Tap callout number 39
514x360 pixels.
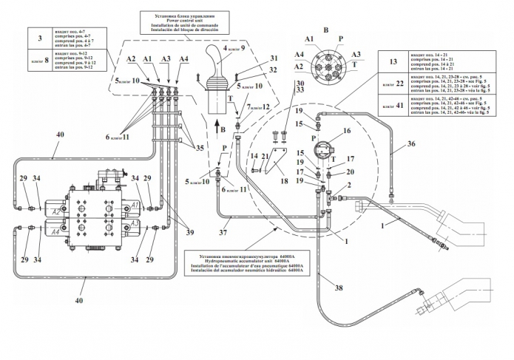(x=191, y=233)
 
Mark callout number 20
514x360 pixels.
(x=351, y=172)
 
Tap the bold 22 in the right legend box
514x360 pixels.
(x=399, y=84)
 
